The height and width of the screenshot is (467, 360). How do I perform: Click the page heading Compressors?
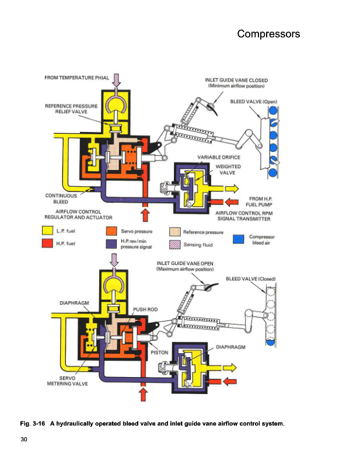268,34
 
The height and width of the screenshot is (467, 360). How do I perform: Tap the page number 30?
24,438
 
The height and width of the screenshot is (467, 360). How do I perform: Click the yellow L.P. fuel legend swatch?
48,232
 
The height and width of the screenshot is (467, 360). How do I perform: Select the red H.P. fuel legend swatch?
48,243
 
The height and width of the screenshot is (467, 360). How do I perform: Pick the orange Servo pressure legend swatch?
111,232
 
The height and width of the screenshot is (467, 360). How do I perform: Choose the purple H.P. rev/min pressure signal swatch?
111,244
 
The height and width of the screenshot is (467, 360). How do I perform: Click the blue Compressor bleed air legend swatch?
237,238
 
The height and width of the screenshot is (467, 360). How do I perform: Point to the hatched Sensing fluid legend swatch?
174,245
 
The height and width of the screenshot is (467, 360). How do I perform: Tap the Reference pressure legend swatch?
174,232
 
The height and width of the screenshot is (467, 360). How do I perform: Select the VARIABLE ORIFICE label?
219,158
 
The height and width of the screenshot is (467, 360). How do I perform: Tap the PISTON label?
159,353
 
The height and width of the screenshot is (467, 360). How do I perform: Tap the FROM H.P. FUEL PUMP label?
261,202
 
